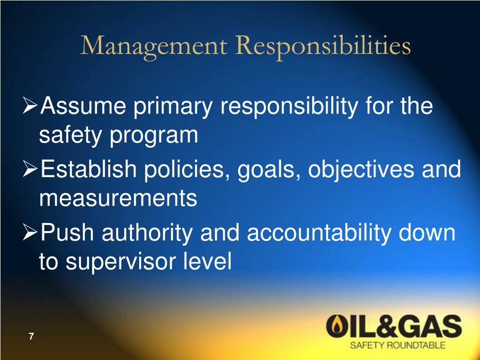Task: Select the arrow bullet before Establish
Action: [31, 169]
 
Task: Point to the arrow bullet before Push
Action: [31, 232]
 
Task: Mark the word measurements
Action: [118, 199]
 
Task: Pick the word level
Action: [210, 262]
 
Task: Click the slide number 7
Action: [31, 336]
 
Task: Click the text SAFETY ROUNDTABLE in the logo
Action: [398, 346]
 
